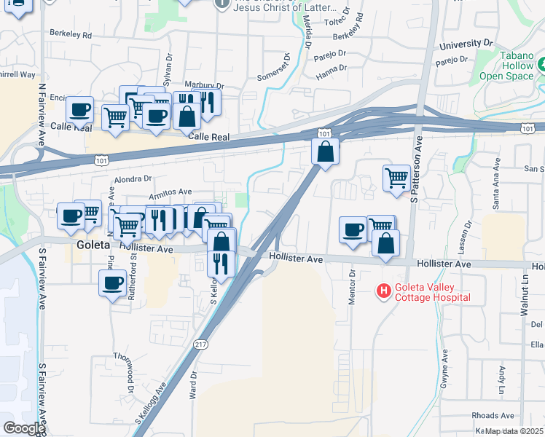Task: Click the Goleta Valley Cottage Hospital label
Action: (x=432, y=292)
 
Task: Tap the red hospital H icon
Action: (x=383, y=292)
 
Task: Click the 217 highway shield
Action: (x=202, y=343)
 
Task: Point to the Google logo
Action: (x=23, y=428)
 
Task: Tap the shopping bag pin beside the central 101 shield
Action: (x=325, y=152)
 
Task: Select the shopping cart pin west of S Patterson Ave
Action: (x=396, y=178)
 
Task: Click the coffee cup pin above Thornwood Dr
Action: (x=113, y=283)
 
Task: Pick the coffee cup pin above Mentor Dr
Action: (x=353, y=230)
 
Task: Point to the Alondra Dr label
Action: (x=132, y=178)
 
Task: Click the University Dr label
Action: (x=466, y=45)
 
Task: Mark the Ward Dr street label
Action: (x=194, y=383)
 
